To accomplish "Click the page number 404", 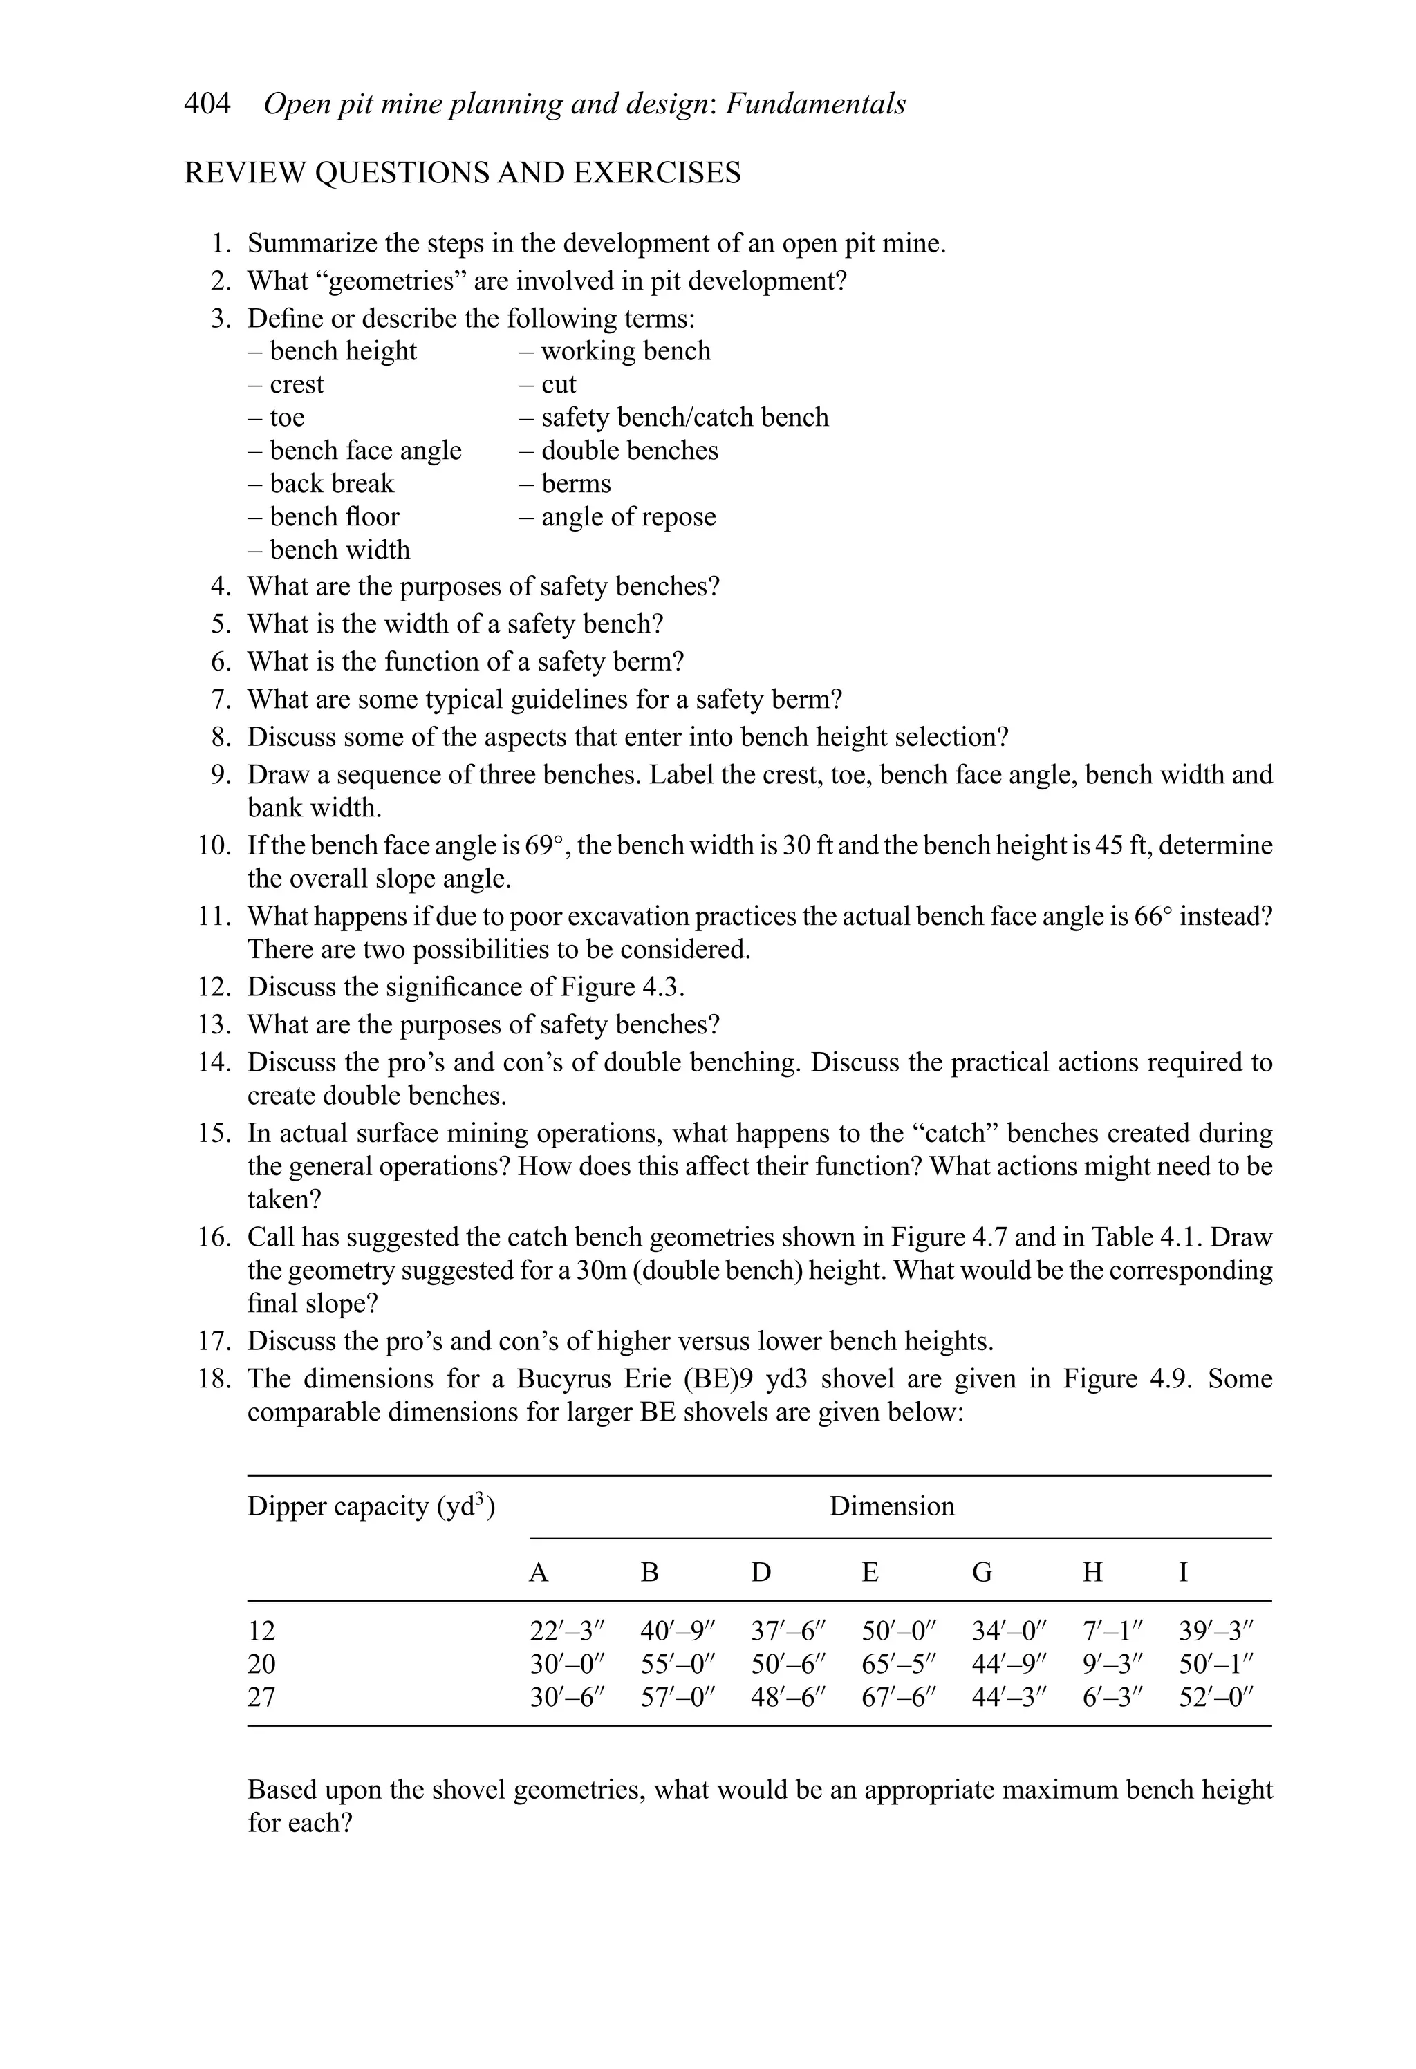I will [x=207, y=104].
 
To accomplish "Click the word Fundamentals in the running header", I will [x=816, y=104].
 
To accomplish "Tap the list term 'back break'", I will [x=331, y=483].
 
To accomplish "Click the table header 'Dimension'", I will [x=891, y=1506].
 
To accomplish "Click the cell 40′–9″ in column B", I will [x=678, y=1631].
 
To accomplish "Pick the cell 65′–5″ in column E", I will [x=900, y=1664].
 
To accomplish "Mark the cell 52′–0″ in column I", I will [x=1215, y=1697].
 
